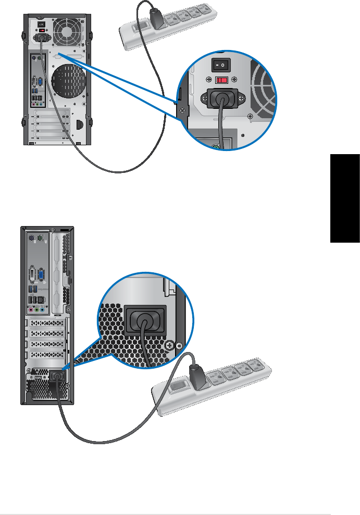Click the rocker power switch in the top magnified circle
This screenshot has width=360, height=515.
220,66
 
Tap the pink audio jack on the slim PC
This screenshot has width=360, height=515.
31,309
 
